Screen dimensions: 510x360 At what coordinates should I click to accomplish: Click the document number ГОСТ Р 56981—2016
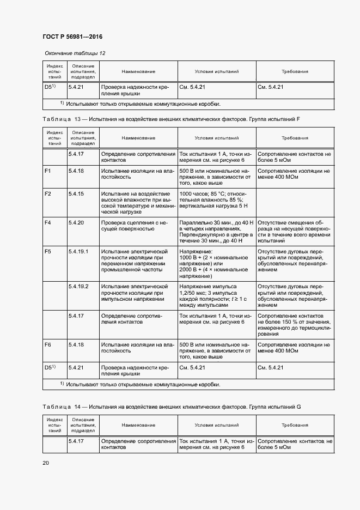72,37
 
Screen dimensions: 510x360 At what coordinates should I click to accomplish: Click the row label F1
47,171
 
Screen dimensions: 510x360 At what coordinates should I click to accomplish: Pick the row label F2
47,194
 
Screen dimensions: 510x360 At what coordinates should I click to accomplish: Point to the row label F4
47,222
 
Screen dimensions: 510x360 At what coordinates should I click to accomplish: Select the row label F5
47,251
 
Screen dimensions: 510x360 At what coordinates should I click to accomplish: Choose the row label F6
47,345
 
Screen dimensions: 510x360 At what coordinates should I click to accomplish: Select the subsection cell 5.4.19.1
79,251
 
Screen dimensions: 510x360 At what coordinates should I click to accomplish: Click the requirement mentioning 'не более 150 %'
294,325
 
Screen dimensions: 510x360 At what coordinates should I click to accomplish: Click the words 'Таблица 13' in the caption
61,119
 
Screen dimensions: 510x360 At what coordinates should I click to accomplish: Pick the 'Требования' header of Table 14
295,425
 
